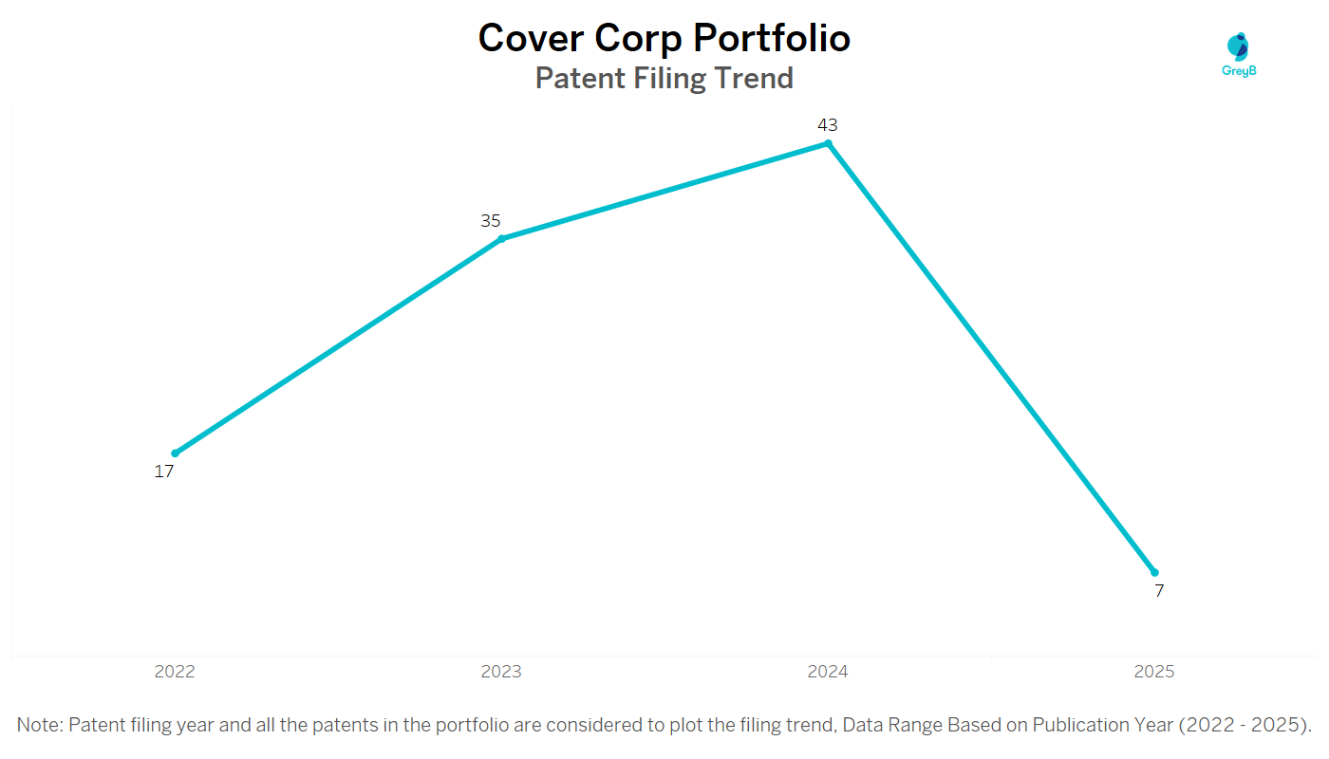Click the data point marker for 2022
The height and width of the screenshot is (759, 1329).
tap(175, 454)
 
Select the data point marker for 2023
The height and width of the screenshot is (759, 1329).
tap(501, 239)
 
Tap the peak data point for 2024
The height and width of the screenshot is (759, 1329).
tap(828, 144)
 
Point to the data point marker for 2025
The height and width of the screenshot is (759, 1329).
tap(1154, 572)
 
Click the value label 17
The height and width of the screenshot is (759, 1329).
tap(164, 472)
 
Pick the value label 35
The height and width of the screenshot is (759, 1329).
tap(490, 221)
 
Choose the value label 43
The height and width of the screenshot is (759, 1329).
tap(828, 125)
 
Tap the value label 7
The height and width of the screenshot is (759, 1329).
tap(1159, 591)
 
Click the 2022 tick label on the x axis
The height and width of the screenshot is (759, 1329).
tap(175, 672)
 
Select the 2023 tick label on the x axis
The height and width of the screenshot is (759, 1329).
tap(501, 672)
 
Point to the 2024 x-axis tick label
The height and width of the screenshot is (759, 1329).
tap(828, 672)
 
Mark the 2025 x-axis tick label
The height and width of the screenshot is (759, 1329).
tap(1154, 672)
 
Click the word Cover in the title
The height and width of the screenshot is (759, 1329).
tap(531, 38)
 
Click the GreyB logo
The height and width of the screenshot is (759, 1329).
tap(1239, 54)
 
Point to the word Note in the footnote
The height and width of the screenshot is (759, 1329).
tap(39, 726)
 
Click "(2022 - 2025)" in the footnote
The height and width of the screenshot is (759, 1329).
tap(1245, 726)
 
